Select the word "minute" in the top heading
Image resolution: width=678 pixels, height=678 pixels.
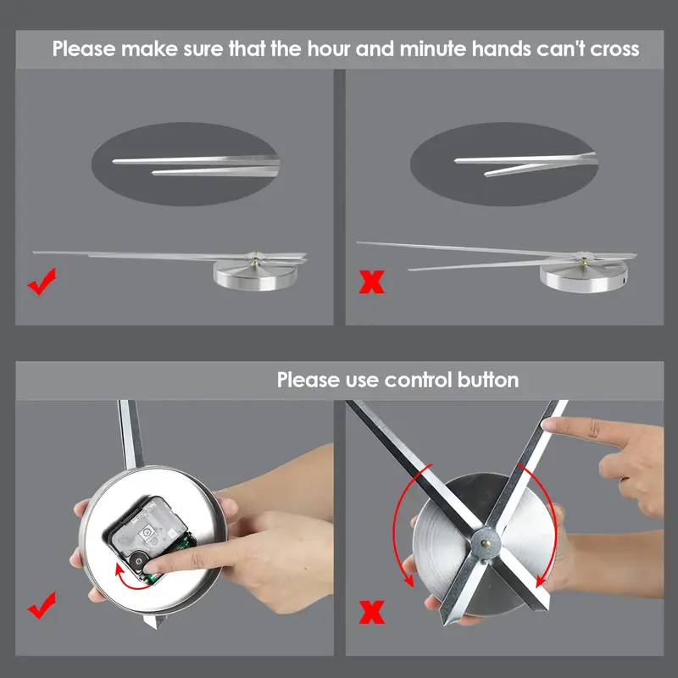433,48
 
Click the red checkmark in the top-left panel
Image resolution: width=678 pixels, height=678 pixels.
42,281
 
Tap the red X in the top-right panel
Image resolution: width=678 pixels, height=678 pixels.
372,281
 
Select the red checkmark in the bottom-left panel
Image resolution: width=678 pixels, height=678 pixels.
42,605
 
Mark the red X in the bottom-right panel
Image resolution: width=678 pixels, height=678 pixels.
372,612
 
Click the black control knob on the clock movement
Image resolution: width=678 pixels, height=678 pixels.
139,561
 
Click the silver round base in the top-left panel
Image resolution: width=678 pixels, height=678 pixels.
255,275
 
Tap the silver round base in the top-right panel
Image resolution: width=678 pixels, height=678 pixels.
583,277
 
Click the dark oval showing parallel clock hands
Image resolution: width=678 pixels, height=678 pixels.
185,164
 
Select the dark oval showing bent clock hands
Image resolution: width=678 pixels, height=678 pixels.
504,164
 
